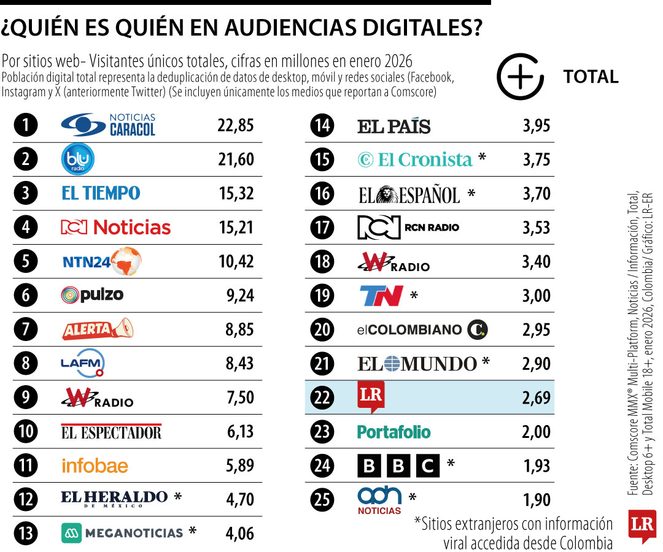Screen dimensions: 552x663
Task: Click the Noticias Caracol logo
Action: click(108, 125)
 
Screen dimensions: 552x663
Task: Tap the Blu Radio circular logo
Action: click(78, 159)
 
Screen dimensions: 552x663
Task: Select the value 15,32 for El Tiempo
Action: click(236, 194)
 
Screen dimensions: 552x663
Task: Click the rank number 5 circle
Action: click(26, 262)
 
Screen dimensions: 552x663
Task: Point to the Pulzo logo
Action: click(93, 295)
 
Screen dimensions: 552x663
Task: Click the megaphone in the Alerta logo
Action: click(123, 329)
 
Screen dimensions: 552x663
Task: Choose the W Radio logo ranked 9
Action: click(97, 397)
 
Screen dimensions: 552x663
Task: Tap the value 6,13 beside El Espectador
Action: click(240, 432)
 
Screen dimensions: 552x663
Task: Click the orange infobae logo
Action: click(95, 466)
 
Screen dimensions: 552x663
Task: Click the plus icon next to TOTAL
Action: click(520, 77)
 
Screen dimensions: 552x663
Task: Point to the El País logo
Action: click(394, 126)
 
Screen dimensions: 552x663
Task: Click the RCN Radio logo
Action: click(408, 228)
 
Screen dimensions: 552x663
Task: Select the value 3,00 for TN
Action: click(537, 296)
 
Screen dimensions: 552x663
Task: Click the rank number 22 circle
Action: click(322, 397)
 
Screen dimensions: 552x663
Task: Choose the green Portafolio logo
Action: click(394, 432)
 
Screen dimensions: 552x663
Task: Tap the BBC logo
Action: click(398, 466)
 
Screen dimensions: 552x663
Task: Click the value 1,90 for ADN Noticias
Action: click(537, 499)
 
